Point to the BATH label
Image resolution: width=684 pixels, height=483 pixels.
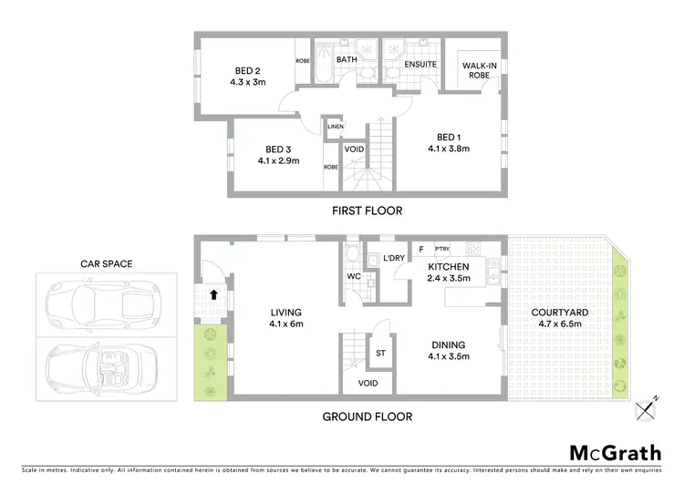[x=347, y=60]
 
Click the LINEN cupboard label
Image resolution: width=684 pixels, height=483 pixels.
[x=335, y=126]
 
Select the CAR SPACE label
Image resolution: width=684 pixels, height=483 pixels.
[x=106, y=263]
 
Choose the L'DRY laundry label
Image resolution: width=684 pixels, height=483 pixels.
[x=394, y=259]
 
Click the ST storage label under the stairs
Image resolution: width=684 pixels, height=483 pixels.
[x=381, y=354]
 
